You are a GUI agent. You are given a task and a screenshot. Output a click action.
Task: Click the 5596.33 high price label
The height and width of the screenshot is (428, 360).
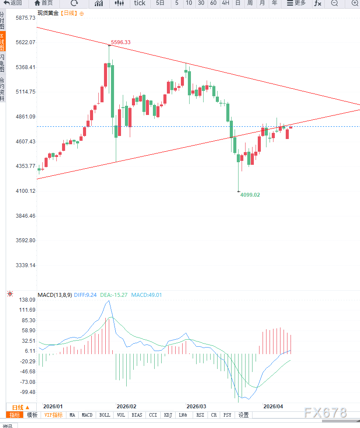pyautogui.click(x=121, y=42)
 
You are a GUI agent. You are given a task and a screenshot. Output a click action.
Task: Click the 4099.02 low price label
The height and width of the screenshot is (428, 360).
pyautogui.click(x=250, y=195)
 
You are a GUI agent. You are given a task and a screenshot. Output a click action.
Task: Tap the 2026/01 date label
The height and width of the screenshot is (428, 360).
pyautogui.click(x=53, y=406)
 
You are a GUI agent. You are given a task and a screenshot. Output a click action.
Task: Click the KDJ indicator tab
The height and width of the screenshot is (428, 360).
pyautogui.click(x=167, y=415)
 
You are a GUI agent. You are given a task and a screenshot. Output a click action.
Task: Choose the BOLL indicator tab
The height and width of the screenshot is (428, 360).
pyautogui.click(x=104, y=415)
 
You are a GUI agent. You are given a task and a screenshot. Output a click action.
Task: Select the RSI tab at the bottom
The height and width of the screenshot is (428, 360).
pyautogui.click(x=200, y=415)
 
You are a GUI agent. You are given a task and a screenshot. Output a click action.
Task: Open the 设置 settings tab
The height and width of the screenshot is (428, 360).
pyautogui.click(x=243, y=415)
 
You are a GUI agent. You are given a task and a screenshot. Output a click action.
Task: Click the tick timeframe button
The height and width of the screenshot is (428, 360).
pyautogui.click(x=140, y=3)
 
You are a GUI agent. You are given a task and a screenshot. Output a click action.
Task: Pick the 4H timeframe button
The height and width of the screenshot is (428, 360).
pyautogui.click(x=225, y=3)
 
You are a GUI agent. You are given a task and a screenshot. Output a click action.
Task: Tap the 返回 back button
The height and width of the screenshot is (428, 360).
pyautogui.click(x=13, y=3)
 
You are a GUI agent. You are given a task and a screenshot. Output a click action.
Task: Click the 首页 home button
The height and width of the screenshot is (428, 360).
pyautogui.click(x=44, y=3)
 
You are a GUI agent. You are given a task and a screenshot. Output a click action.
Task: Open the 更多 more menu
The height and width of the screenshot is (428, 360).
pyautogui.click(x=297, y=3)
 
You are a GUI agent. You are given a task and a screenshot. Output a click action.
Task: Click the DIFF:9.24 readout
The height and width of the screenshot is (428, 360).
pyautogui.click(x=85, y=295)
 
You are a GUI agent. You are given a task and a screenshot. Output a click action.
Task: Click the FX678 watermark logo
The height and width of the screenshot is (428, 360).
pyautogui.click(x=325, y=412)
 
